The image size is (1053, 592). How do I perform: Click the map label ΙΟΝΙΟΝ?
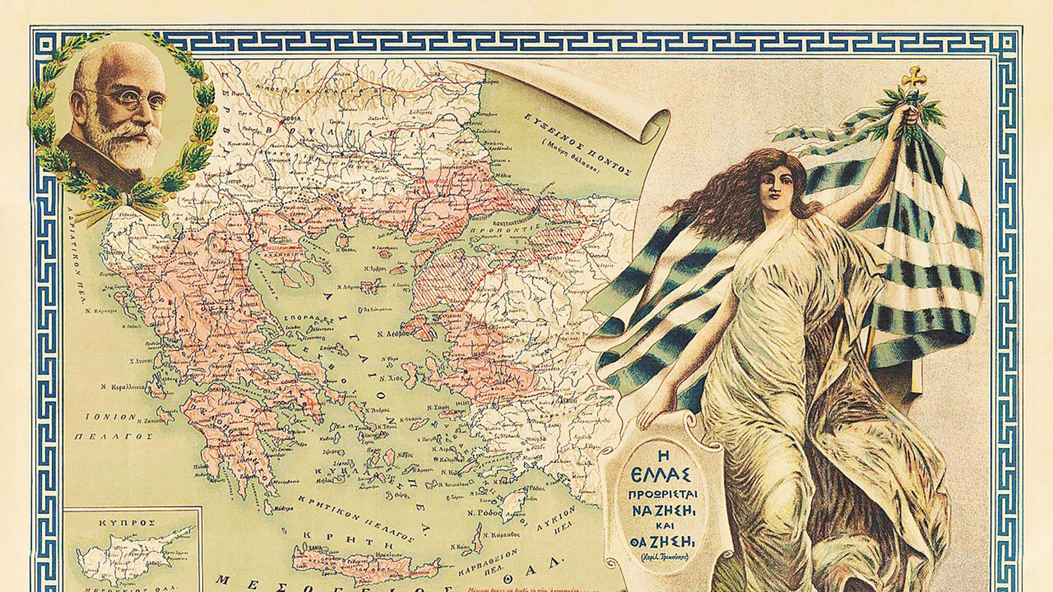point(110,417)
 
